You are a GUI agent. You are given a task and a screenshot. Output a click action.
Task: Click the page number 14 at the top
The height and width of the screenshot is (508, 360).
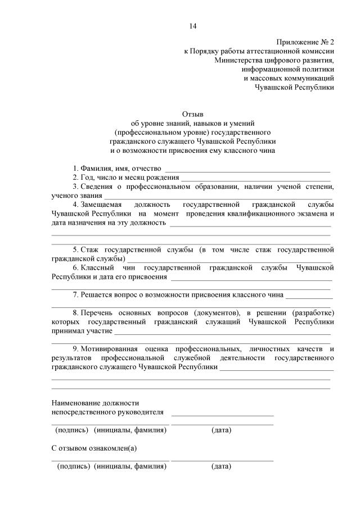(x=193, y=26)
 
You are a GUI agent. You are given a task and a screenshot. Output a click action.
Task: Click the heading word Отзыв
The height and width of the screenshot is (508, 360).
(x=193, y=114)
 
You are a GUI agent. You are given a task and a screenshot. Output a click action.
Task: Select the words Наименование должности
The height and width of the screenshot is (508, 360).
(x=95, y=402)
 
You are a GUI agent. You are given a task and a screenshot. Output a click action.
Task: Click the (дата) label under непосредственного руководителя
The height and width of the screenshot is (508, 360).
(x=221, y=430)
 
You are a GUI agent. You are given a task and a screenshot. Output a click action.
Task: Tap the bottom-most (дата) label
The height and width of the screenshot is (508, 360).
(x=221, y=466)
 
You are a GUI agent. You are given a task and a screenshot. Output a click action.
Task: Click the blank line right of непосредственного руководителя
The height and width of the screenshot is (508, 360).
(x=222, y=414)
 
